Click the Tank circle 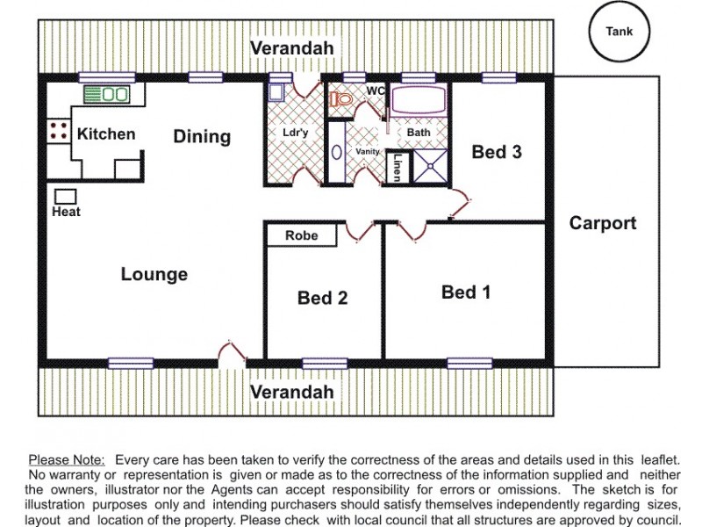[619, 10]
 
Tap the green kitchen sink [106, 94]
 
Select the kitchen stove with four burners [59, 130]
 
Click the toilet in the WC [341, 98]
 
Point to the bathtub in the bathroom [419, 100]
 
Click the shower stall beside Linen [430, 166]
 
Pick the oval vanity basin [337, 152]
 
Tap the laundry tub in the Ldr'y [276, 92]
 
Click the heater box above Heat [65, 197]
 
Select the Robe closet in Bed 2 [302, 235]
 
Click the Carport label [603, 223]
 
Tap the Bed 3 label [497, 152]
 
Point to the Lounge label [154, 274]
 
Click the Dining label [202, 137]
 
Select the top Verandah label [292, 48]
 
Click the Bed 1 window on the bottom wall [469, 364]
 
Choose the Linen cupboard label [397, 168]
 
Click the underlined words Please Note [67, 459]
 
